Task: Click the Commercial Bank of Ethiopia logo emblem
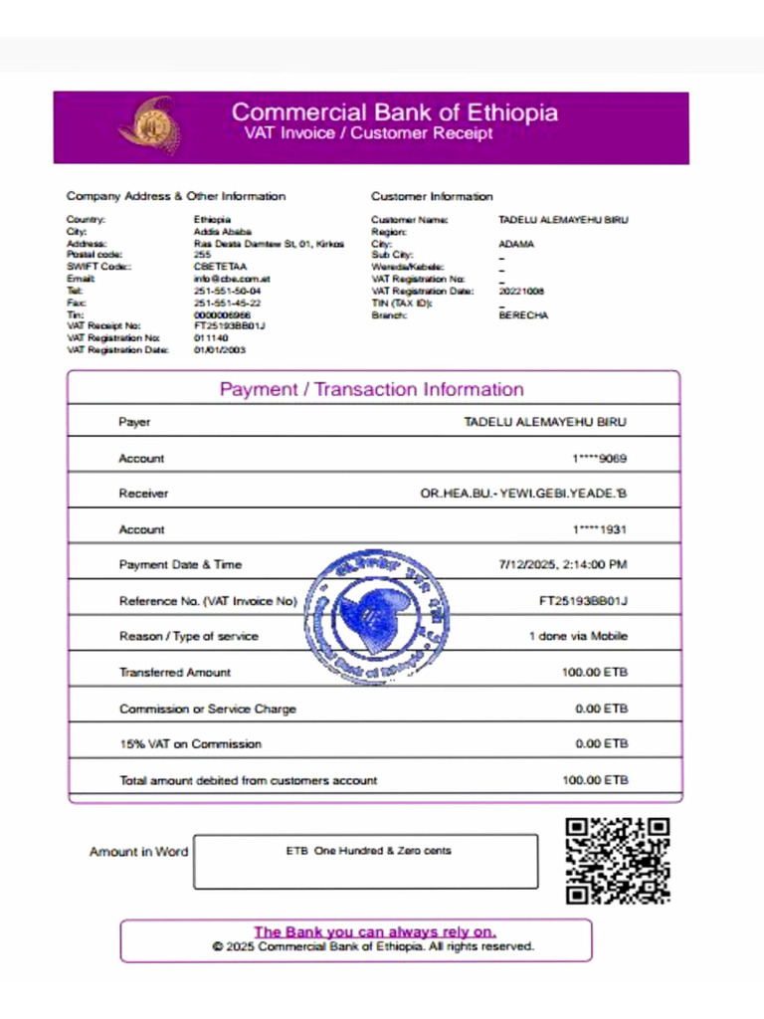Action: click(150, 125)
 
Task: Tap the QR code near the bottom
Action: click(617, 861)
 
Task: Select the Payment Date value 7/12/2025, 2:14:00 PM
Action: click(562, 565)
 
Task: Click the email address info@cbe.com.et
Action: click(232, 279)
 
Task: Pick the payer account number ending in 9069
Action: click(599, 459)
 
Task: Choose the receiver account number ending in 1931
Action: click(599, 530)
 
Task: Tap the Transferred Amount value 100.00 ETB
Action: click(595, 673)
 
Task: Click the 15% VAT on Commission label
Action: click(190, 744)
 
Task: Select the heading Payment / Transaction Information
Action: click(371, 389)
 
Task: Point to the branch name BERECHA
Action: click(523, 315)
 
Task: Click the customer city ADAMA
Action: click(516, 244)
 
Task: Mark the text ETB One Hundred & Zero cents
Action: click(368, 851)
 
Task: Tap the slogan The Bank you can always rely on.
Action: click(374, 932)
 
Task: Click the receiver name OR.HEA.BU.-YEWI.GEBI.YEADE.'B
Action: click(523, 494)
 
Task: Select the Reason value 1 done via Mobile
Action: click(577, 637)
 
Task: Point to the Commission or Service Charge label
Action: click(207, 710)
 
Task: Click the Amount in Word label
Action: click(138, 852)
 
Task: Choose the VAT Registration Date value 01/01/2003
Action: click(220, 350)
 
